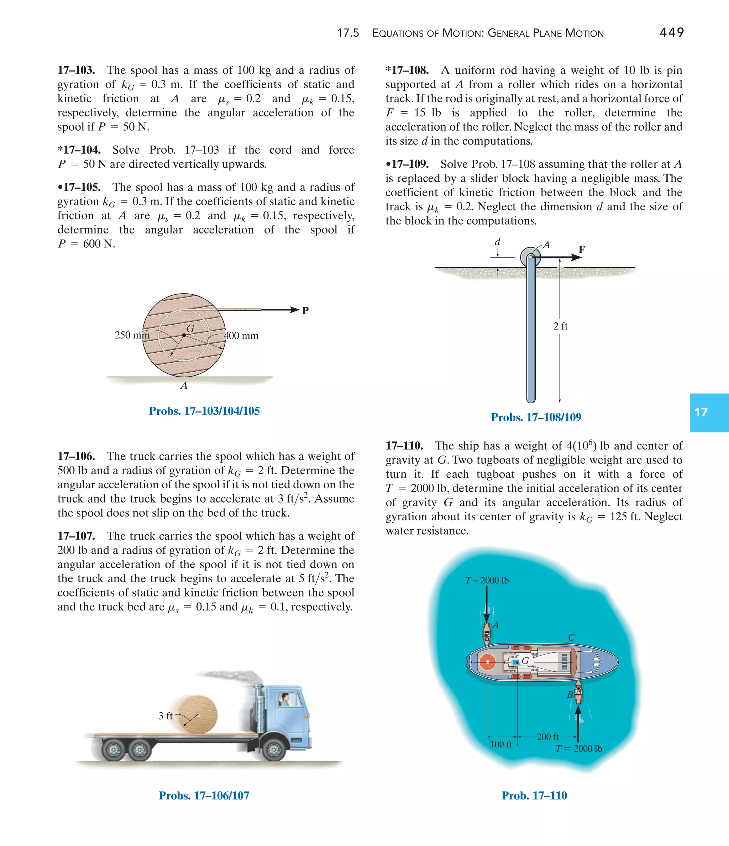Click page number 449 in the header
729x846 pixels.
[671, 32]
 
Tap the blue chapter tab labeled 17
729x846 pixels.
[709, 412]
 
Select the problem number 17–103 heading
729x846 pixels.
[77, 70]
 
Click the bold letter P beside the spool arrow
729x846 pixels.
[305, 310]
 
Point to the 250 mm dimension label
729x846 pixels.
[132, 335]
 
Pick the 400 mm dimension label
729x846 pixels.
[241, 336]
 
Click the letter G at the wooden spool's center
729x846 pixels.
[190, 328]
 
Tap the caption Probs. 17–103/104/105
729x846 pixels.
[204, 411]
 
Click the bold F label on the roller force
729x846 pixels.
[582, 249]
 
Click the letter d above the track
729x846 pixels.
[497, 242]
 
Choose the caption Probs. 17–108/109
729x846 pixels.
[536, 417]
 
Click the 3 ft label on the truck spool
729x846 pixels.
[166, 716]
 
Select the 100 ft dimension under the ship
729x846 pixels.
[501, 744]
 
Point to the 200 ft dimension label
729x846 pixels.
[548, 737]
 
